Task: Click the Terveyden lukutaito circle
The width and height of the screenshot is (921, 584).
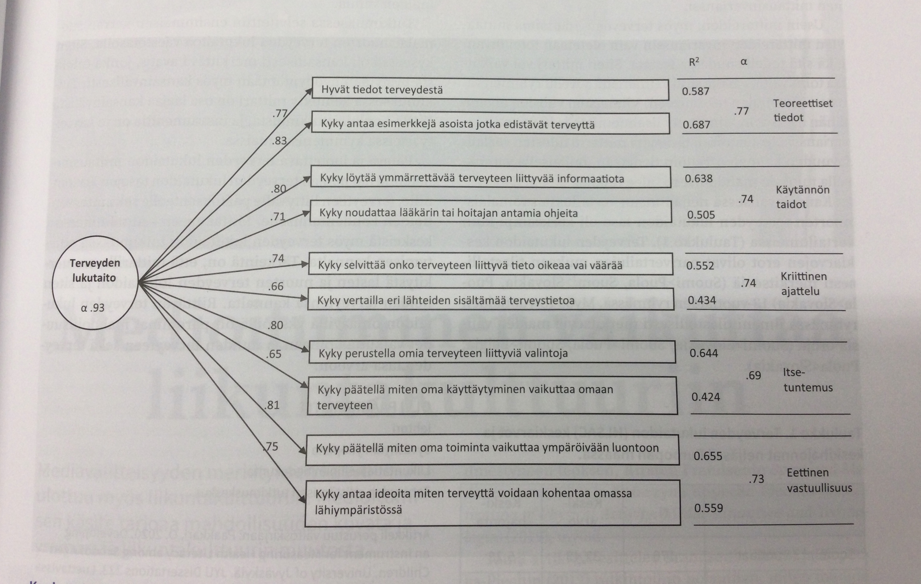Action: click(x=95, y=283)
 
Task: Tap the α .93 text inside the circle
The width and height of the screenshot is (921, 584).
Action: click(x=93, y=308)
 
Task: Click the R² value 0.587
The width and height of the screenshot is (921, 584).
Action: click(x=695, y=91)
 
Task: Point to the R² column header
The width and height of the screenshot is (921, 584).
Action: click(x=694, y=62)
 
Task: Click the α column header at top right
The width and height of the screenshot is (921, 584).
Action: click(x=743, y=61)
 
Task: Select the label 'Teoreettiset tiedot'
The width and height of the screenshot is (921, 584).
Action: click(x=802, y=110)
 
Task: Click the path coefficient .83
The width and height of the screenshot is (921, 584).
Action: click(x=279, y=141)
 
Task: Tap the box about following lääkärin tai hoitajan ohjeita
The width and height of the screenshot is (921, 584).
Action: click(x=491, y=213)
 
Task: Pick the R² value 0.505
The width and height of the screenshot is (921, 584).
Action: click(x=701, y=215)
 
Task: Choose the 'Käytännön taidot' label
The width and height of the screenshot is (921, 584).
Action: click(x=802, y=197)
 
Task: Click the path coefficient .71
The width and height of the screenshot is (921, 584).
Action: click(x=278, y=217)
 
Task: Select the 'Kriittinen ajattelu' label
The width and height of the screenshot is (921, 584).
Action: click(x=803, y=284)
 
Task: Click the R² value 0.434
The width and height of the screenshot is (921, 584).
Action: click(x=702, y=300)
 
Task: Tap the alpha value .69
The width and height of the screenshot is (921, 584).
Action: click(x=753, y=376)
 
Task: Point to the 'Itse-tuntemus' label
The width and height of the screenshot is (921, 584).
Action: click(x=807, y=380)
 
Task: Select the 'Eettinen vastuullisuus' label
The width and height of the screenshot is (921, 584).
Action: click(x=818, y=480)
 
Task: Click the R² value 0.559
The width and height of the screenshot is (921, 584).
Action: click(x=708, y=508)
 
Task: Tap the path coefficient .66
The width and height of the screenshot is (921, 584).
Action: click(x=275, y=286)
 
